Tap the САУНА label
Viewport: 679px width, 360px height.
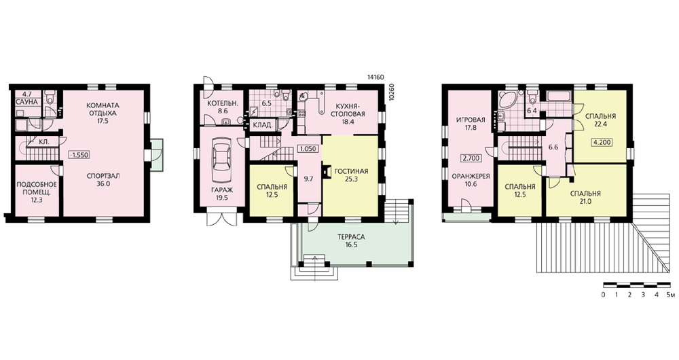[27, 102]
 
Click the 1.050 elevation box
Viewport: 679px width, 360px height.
[308, 149]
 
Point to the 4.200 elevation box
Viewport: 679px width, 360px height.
[601, 142]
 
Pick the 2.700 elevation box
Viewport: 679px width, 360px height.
[471, 158]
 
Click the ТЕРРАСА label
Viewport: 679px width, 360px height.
[352, 238]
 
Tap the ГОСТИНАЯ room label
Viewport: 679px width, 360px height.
[352, 172]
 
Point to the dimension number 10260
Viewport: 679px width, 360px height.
[392, 92]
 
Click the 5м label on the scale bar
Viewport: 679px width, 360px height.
[670, 295]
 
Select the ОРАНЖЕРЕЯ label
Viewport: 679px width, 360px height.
[471, 177]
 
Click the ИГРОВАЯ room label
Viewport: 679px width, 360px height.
[471, 120]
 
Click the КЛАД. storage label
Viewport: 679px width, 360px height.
[263, 126]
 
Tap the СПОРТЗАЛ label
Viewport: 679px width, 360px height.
[103, 177]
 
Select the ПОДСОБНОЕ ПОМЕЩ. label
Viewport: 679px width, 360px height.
[37, 189]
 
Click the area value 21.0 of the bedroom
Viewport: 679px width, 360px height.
[585, 202]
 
